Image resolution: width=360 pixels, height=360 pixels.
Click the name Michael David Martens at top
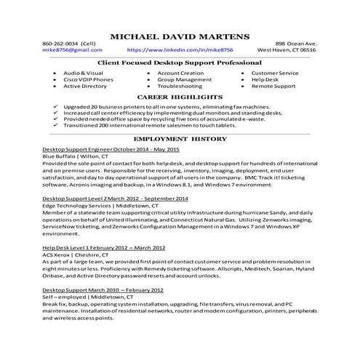coord(180,36)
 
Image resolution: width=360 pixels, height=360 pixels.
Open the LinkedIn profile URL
coord(180,50)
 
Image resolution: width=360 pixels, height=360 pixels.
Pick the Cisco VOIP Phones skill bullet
coord(87,79)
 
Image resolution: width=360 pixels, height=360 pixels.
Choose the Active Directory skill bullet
coord(85,86)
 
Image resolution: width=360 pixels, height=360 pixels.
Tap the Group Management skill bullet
coord(182,79)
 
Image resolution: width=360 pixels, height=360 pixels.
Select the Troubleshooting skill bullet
coord(180,86)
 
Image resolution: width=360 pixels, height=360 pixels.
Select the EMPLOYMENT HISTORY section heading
coord(180,137)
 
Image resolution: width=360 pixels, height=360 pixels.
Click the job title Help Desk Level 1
coord(103,247)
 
